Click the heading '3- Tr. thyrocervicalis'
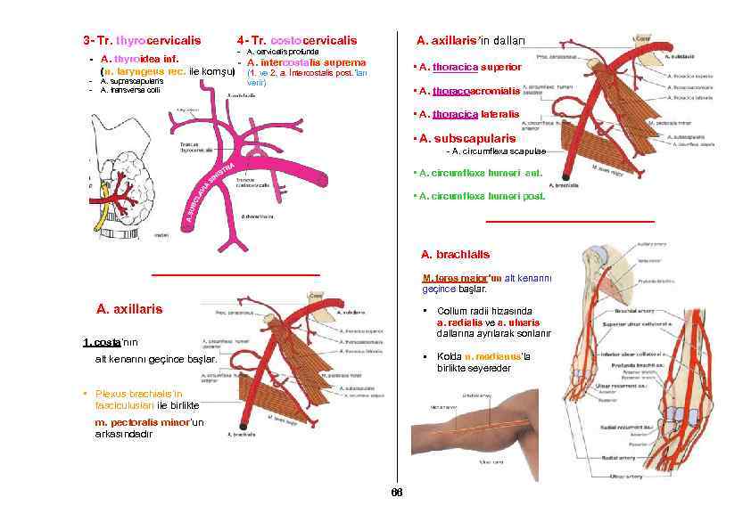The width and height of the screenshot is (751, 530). point(142,40)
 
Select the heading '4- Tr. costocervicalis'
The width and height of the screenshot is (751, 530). point(297,40)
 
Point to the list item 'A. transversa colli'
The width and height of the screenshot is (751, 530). point(130,90)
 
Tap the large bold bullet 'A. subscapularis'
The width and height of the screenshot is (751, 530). point(467,138)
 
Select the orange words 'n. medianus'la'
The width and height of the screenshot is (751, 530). point(497,356)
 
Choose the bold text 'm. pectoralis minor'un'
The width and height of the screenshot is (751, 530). point(149,421)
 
